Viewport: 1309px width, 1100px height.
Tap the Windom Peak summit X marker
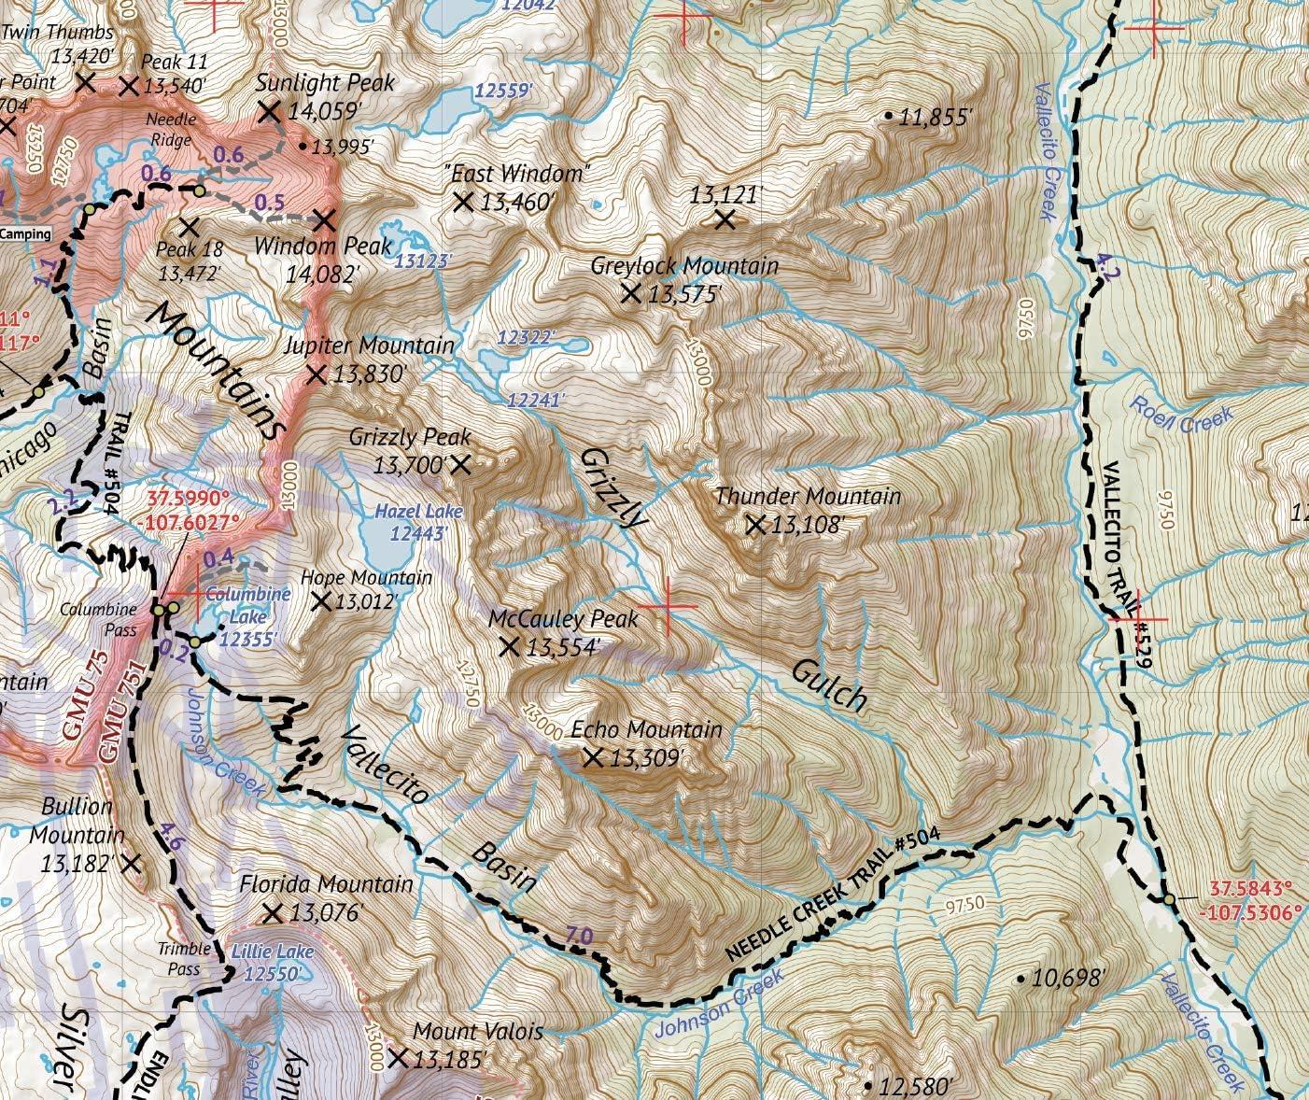coord(324,221)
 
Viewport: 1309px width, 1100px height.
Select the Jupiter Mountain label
coord(369,346)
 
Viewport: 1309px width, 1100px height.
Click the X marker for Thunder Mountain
coord(756,526)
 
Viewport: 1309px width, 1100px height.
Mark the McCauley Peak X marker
coord(510,646)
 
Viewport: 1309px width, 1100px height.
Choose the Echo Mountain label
coord(647,729)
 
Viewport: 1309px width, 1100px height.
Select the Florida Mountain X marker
coord(273,912)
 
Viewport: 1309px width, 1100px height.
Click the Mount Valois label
coord(477,1032)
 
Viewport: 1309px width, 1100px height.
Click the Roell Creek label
coord(1180,416)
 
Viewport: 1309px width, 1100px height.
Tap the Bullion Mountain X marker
coord(132,864)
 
